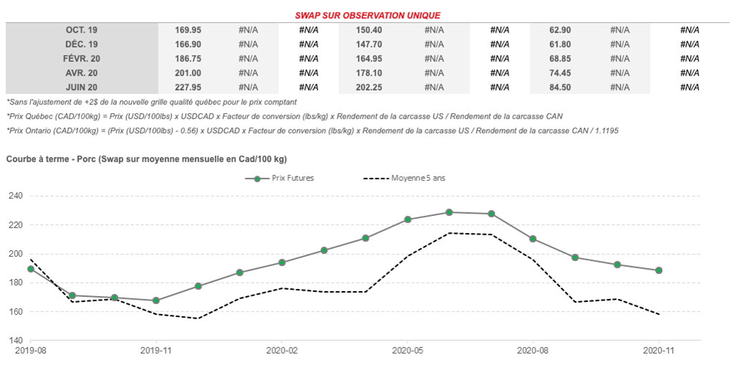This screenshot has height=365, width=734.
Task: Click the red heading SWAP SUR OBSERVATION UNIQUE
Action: coord(368,15)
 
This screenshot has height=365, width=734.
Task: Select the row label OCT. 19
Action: coord(82,29)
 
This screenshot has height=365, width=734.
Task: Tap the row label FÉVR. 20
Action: coord(82,58)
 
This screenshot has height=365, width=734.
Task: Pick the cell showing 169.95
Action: coord(188,29)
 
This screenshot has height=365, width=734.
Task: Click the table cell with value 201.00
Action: coord(188,72)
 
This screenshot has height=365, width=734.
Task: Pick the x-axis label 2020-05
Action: coord(407,351)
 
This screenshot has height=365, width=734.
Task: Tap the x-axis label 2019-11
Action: coord(156,351)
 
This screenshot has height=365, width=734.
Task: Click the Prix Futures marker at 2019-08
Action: coord(31,269)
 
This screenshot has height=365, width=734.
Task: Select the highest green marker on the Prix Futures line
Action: coord(449,212)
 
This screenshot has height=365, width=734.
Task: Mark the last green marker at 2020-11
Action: coord(659,270)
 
